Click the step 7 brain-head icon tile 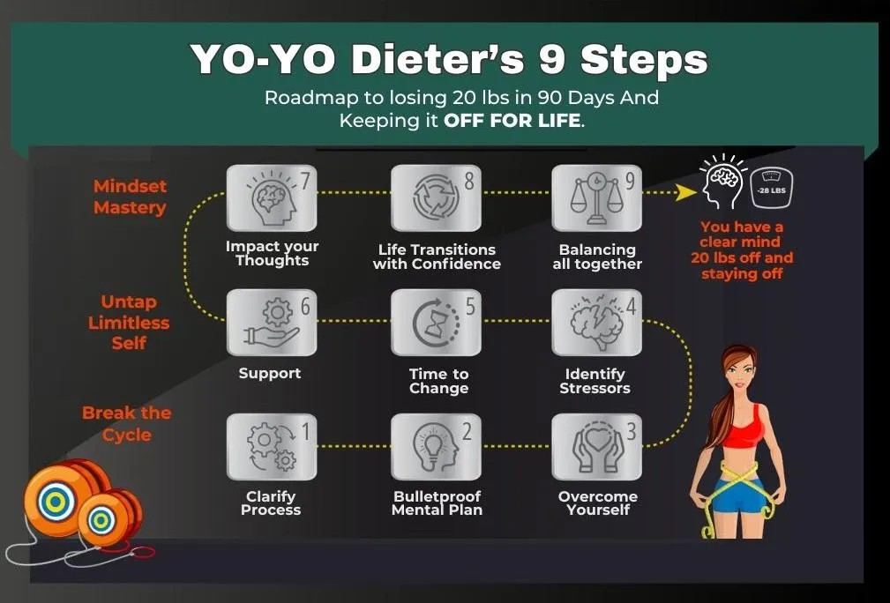pyautogui.click(x=272, y=198)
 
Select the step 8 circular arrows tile pyautogui.click(x=436, y=198)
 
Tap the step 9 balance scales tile pyautogui.click(x=596, y=198)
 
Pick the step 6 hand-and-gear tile pyautogui.click(x=272, y=322)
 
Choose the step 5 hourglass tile pyautogui.click(x=436, y=322)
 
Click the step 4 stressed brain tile pyautogui.click(x=596, y=322)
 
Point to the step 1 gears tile pyautogui.click(x=272, y=446)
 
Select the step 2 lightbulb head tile pyautogui.click(x=436, y=446)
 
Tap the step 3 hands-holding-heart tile pyautogui.click(x=596, y=446)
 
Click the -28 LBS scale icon pyautogui.click(x=772, y=189)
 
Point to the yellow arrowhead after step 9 pyautogui.click(x=687, y=192)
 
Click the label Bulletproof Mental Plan pyautogui.click(x=437, y=503)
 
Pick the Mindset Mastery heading pyautogui.click(x=130, y=197)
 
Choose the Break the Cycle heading pyautogui.click(x=126, y=424)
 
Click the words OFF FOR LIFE pyautogui.click(x=512, y=120)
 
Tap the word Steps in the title pyautogui.click(x=644, y=59)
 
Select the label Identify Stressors pyautogui.click(x=595, y=381)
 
